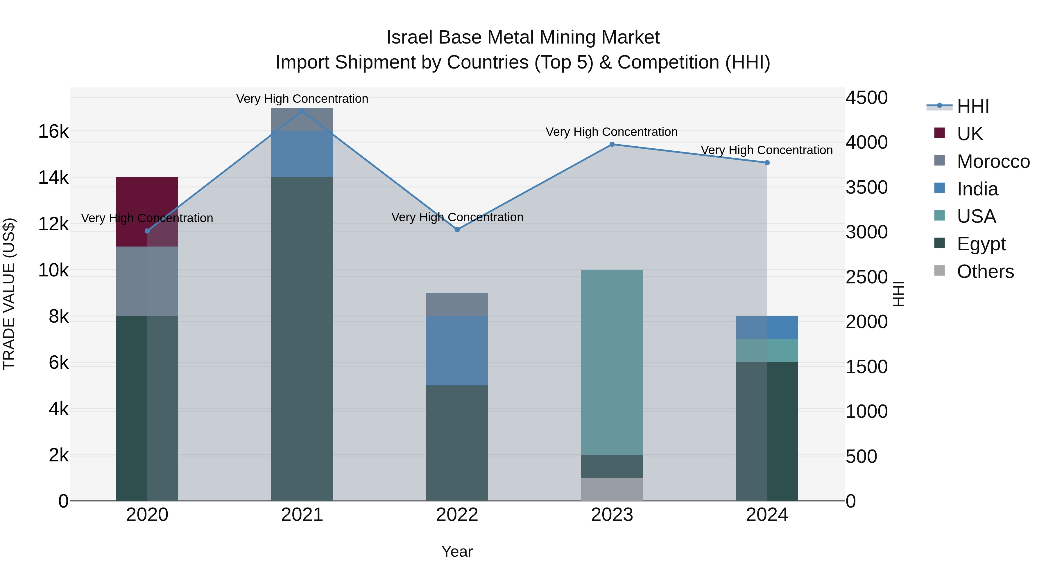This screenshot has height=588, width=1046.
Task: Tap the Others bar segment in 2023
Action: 612,489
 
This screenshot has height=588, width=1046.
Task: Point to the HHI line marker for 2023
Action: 612,144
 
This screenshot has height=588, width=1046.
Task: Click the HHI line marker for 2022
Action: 457,229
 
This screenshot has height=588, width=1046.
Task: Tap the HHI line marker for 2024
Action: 767,163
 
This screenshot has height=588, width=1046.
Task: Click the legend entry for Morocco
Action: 993,161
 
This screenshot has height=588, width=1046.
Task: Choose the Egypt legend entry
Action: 981,244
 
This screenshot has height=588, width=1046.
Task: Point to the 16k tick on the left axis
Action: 53,132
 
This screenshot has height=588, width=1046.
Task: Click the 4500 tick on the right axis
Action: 866,98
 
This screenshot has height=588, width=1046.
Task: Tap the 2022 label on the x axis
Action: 457,515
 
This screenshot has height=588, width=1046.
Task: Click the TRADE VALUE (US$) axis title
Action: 9,294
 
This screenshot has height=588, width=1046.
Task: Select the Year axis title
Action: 457,551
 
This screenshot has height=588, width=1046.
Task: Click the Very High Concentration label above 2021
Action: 302,99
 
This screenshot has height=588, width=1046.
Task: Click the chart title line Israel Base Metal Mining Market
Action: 523,37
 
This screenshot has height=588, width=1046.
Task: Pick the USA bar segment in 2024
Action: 767,350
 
